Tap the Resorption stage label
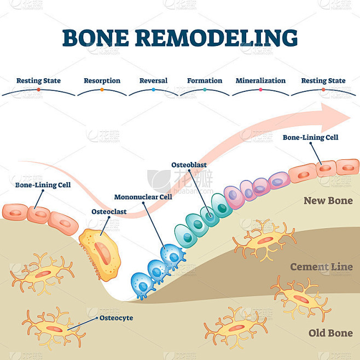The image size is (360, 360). coord(102,80)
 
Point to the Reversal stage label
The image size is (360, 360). coord(153,80)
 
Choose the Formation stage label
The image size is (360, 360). coord(205,80)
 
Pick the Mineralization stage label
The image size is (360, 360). coord(260,80)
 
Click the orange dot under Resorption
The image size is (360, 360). coord(102,89)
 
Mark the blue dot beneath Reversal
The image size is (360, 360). coord(153,89)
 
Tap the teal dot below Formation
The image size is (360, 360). coord(205,89)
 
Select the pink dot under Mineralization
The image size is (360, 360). coord(260,89)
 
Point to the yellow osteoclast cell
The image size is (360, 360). coord(101,253)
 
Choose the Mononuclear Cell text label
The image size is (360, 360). coord(143,196)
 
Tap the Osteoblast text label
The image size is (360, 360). coord(189,164)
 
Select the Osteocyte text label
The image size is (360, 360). coord(116,317)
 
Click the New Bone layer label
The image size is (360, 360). coord(328,201)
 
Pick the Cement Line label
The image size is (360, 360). coord(321,267)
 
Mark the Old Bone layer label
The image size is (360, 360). coord(330,333)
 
